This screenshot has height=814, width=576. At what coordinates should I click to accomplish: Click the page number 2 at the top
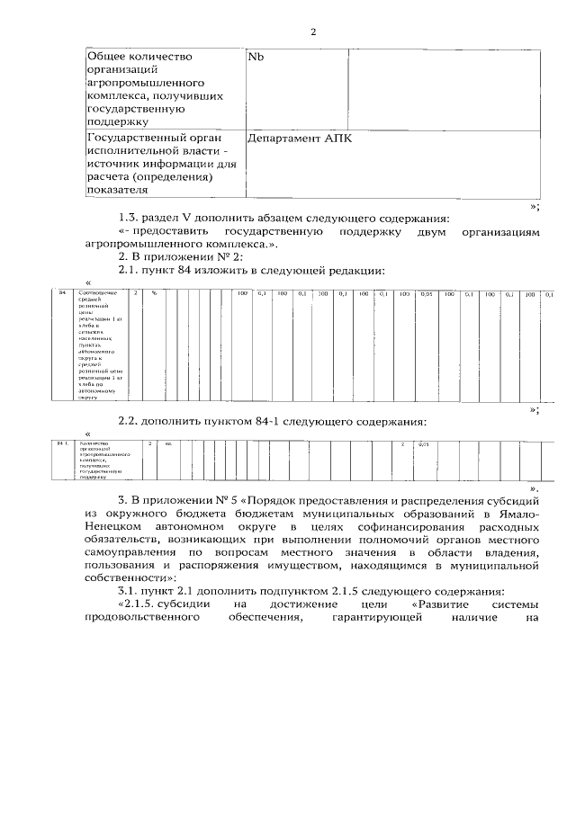(x=313, y=32)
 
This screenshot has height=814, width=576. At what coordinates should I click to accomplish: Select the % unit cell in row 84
(x=154, y=293)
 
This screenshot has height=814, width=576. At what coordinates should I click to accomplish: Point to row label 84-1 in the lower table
(x=63, y=444)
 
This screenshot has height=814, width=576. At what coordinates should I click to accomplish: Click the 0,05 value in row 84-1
(x=424, y=444)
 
